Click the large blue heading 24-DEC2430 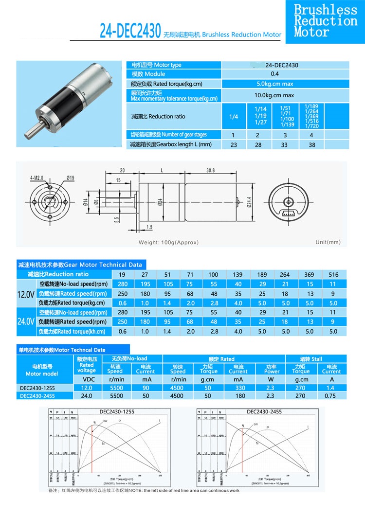coord(130,31)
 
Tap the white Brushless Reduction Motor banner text coord(325,21)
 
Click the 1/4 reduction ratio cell coord(234,117)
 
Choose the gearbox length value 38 coord(311,144)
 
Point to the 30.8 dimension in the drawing coord(210,170)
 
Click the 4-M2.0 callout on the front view coord(36,178)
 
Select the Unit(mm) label coord(328,242)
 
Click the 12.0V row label coord(25,294)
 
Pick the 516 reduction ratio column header coord(333,275)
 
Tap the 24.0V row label coord(25,321)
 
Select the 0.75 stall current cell coord(331,396)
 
